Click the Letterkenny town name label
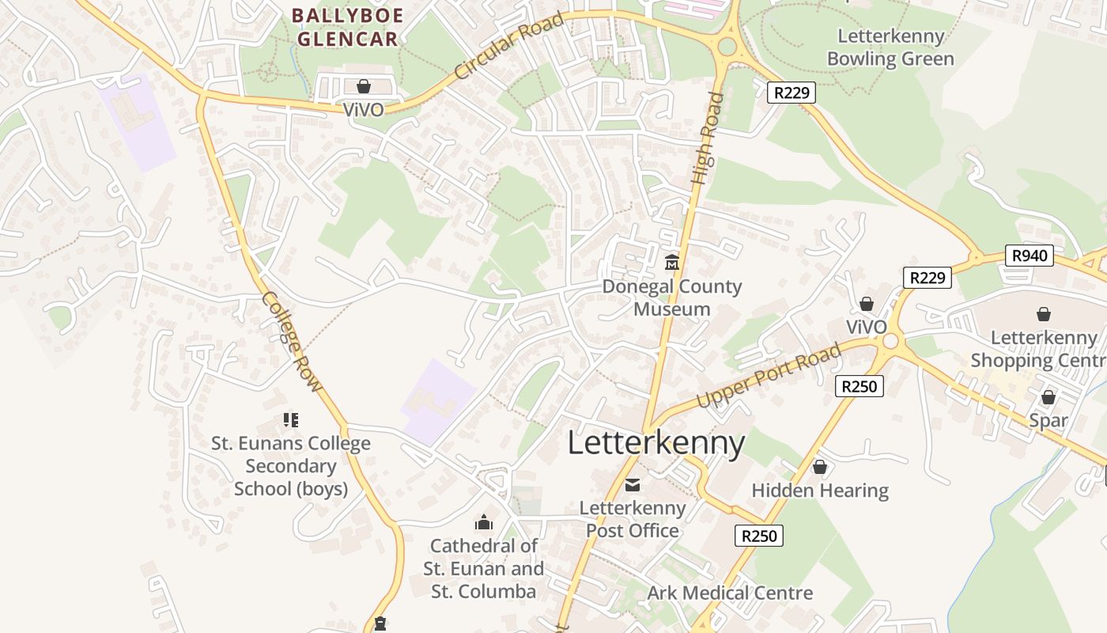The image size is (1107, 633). tap(656, 443)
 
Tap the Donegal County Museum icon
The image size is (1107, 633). tap(672, 262)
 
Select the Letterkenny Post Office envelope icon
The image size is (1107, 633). tap(633, 484)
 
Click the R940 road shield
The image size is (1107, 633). tap(1030, 255)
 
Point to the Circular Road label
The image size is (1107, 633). tap(509, 46)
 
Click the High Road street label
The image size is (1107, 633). tap(708, 139)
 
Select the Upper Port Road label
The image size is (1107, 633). tap(769, 377)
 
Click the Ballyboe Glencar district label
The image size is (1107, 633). tap(347, 27)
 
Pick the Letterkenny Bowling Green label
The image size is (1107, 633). tap(890, 47)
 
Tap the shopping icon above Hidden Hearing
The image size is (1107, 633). tap(820, 467)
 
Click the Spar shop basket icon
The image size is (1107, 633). tap(1048, 397)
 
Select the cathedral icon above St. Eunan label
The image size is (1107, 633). tap(484, 522)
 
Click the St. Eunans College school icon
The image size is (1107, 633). tap(291, 419)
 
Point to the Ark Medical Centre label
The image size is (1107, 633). tap(730, 593)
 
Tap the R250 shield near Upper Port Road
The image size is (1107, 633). tap(859, 386)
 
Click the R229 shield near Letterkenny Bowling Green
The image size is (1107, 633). tap(791, 93)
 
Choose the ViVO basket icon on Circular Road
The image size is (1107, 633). tap(364, 85)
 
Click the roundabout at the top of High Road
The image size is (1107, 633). tap(727, 47)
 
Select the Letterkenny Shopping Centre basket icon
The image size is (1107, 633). tap(1044, 314)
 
